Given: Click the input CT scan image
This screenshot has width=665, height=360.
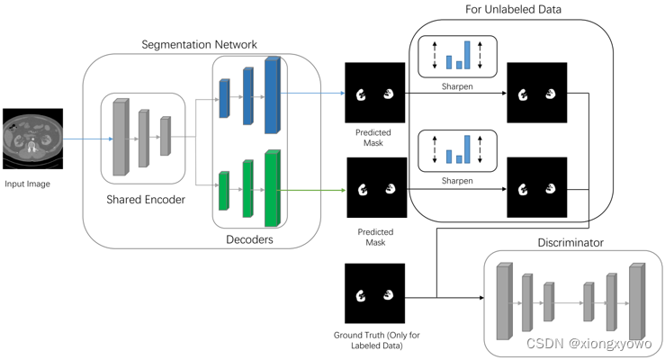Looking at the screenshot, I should (32, 139).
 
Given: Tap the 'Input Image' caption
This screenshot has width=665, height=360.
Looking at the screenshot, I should (28, 184).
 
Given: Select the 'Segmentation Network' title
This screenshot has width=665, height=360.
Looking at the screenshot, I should (199, 44).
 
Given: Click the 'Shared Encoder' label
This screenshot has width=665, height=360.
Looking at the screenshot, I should (146, 199).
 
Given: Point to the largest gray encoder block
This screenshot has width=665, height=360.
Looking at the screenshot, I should (119, 137).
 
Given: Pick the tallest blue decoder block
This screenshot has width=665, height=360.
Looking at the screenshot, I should (273, 94).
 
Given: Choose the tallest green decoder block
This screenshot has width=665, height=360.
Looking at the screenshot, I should (273, 188).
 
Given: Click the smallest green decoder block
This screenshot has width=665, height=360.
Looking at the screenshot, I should (224, 191).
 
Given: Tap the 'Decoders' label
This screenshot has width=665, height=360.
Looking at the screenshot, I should (249, 239).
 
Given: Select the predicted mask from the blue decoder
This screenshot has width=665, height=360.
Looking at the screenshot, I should (374, 93).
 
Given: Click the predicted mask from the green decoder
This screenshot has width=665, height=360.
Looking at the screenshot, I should (376, 187).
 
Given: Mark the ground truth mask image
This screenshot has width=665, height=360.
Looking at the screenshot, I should (374, 293).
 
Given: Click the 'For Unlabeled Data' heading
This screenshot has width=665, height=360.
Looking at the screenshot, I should (513, 10).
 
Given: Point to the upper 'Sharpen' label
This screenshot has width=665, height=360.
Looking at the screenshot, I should (457, 87).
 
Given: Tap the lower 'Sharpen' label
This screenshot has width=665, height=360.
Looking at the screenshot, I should (457, 181).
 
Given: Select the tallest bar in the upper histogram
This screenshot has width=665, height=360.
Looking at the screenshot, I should (468, 54).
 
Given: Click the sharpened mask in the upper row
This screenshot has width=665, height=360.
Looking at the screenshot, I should (536, 93).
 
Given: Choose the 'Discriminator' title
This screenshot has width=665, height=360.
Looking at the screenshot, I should (571, 243).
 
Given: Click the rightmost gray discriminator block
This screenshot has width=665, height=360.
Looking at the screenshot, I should (637, 302).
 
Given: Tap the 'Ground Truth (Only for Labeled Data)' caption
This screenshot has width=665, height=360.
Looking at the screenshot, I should (376, 341).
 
